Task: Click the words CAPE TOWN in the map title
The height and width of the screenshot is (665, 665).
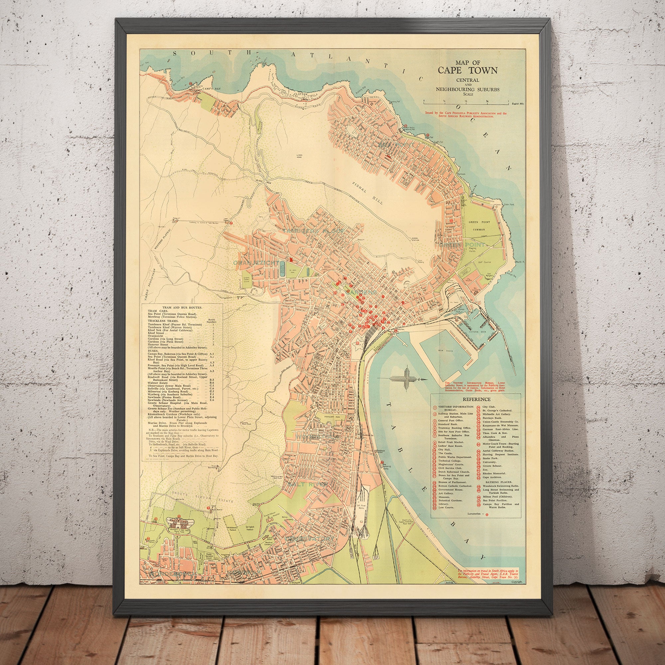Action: (x=467, y=70)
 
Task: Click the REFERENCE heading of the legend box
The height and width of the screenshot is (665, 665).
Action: (x=476, y=399)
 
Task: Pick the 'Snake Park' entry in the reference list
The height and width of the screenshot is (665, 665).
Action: (x=488, y=459)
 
